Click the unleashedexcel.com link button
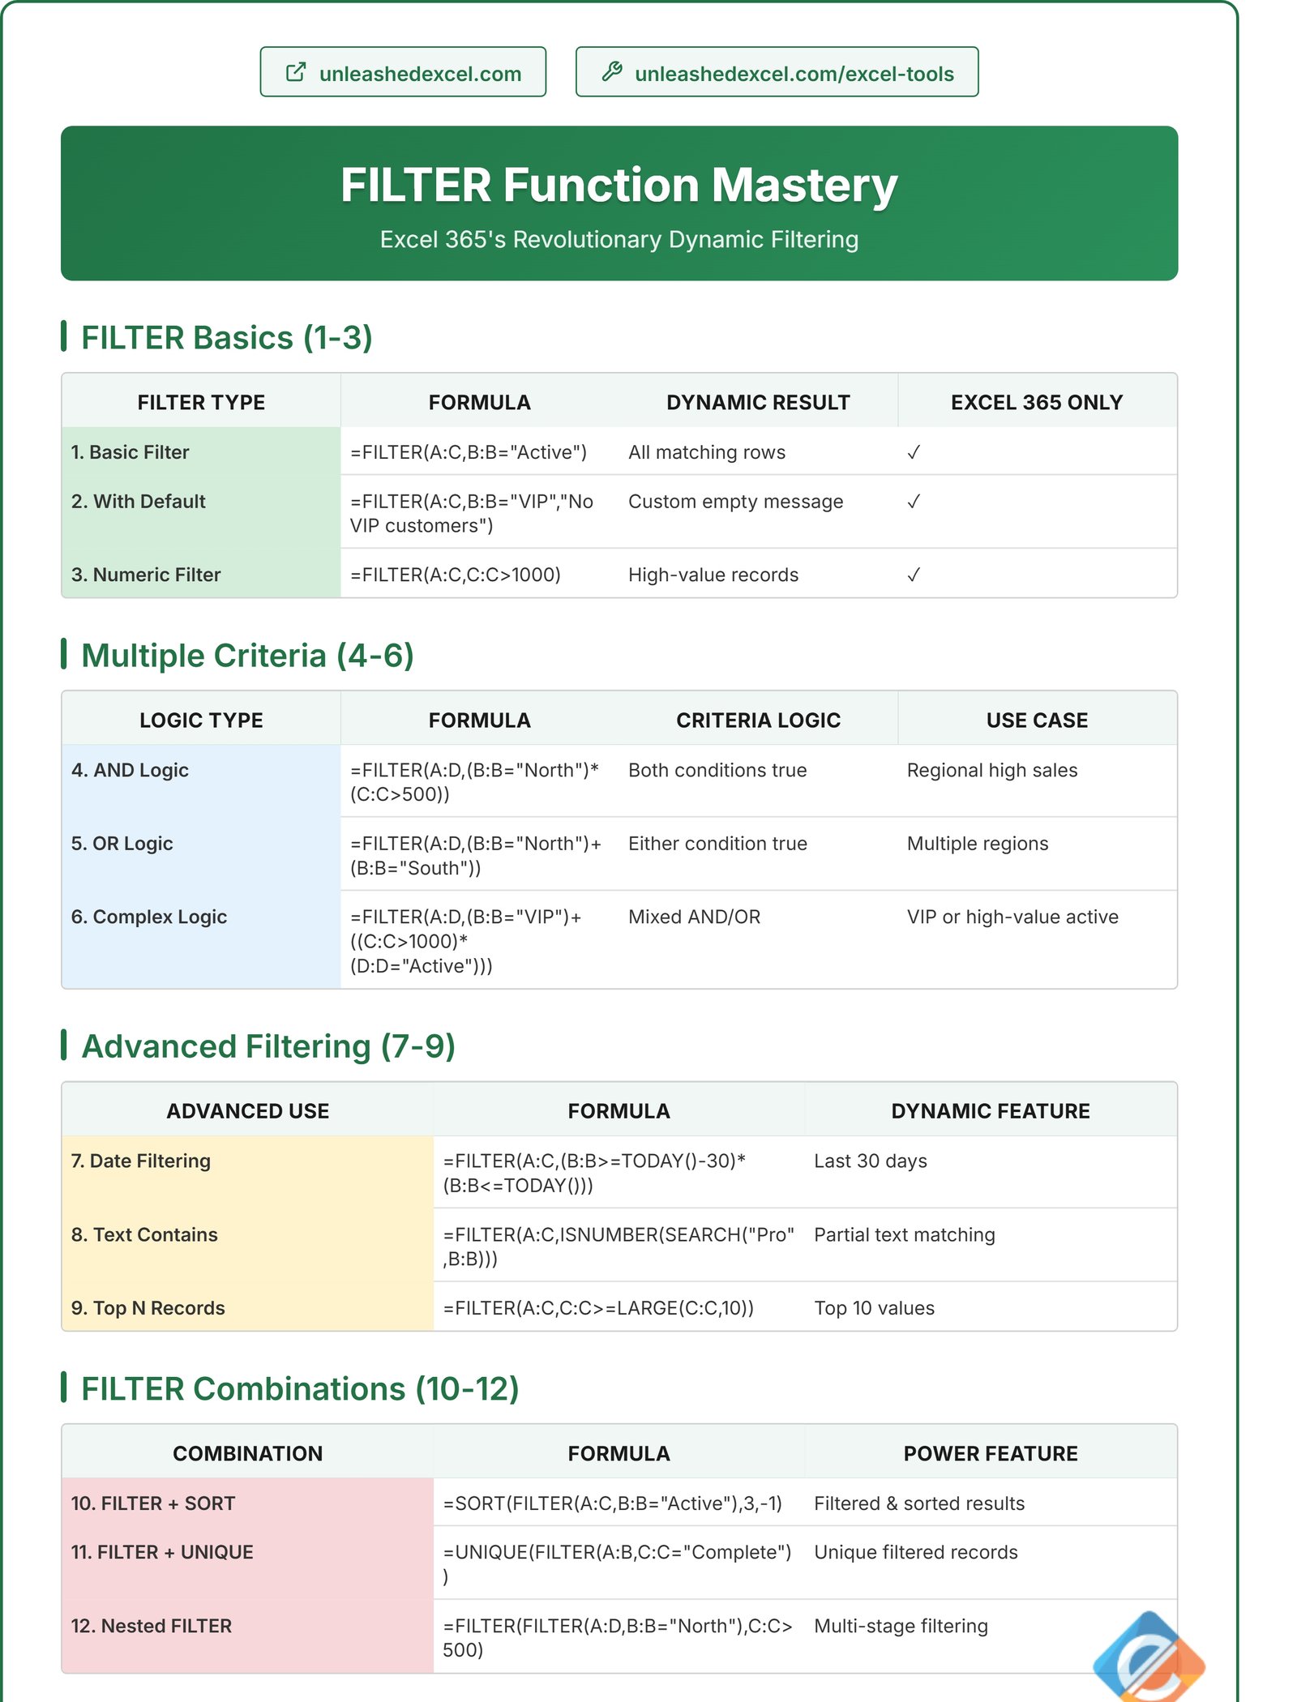click(403, 73)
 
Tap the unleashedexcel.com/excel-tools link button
click(777, 73)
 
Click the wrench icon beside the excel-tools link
click(612, 72)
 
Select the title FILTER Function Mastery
click(619, 185)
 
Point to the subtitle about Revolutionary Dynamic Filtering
click(619, 240)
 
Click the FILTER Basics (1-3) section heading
click(226, 338)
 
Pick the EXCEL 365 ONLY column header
click(1036, 402)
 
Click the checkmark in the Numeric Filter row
click(914, 575)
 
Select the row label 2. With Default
click(139, 502)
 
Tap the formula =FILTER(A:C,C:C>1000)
click(455, 575)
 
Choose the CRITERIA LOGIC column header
click(758, 721)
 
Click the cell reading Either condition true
click(717, 844)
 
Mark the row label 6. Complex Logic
click(149, 917)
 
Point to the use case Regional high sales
click(991, 770)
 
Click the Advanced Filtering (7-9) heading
click(268, 1046)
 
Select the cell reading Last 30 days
click(870, 1161)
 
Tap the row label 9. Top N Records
click(148, 1308)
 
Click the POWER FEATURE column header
click(990, 1453)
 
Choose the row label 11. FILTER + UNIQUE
click(162, 1552)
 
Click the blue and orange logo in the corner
click(1148, 1658)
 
